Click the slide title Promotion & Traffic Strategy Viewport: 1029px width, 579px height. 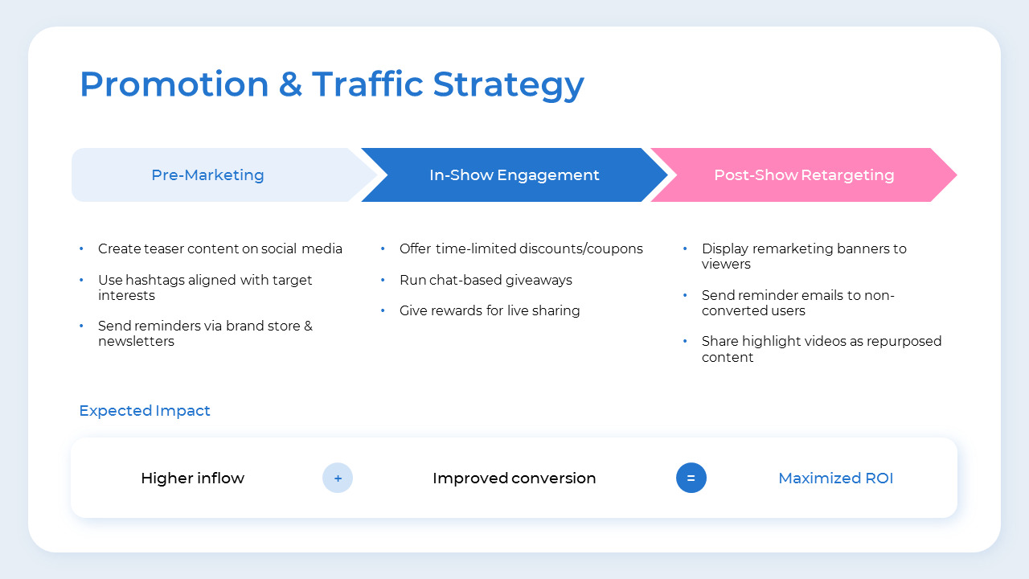pyautogui.click(x=331, y=84)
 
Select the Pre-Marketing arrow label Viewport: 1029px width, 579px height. pyautogui.click(x=207, y=175)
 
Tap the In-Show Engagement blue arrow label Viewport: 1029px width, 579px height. pyautogui.click(x=514, y=175)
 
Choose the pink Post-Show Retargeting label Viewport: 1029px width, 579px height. pyautogui.click(x=803, y=175)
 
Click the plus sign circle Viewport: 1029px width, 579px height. pyautogui.click(x=338, y=478)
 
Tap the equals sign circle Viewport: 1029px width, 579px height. pyautogui.click(x=691, y=478)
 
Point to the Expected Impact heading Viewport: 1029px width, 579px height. pyautogui.click(x=145, y=411)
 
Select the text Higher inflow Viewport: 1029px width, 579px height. pyautogui.click(x=192, y=478)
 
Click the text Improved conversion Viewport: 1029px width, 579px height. pyautogui.click(x=514, y=478)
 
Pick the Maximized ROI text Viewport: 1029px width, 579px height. pyautogui.click(x=835, y=478)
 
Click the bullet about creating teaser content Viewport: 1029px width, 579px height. pyautogui.click(x=219, y=249)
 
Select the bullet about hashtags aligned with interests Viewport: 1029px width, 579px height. pyautogui.click(x=205, y=287)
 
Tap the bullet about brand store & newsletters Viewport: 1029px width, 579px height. pyautogui.click(x=205, y=334)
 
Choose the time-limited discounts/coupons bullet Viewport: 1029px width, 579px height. pyautogui.click(x=521, y=249)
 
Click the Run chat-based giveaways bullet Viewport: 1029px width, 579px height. pyautogui.click(x=486, y=280)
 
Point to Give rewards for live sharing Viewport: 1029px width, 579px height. pyautogui.click(x=490, y=310)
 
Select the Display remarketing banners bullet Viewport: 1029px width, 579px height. pyautogui.click(x=804, y=256)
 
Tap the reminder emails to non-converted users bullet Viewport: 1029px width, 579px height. pyautogui.click(x=797, y=302)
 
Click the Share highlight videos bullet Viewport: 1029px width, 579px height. pyautogui.click(x=821, y=349)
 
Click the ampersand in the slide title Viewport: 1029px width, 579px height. pyautogui.click(x=290, y=84)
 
